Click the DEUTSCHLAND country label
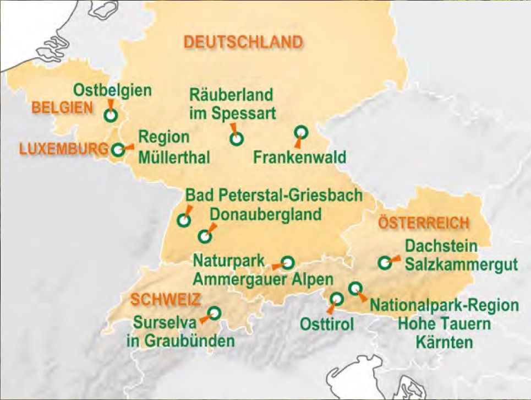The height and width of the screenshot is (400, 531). click(243, 42)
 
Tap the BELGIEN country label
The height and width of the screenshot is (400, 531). click(62, 108)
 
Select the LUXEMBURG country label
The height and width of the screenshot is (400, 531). click(63, 149)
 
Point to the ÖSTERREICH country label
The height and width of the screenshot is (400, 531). click(424, 223)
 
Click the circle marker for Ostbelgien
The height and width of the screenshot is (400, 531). click(111, 115)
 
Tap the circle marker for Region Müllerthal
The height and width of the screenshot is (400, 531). click(118, 149)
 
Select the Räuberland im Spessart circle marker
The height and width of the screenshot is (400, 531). click(237, 139)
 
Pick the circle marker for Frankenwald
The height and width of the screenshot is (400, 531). click(300, 132)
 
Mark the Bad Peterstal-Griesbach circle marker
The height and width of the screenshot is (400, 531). click(184, 220)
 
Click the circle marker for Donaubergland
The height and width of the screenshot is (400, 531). click(205, 236)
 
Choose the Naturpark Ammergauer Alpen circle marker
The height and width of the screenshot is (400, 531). click(288, 262)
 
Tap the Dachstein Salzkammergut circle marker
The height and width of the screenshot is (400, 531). click(385, 263)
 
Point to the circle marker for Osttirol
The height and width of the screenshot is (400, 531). click(336, 299)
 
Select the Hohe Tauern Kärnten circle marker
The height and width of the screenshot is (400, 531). click(355, 288)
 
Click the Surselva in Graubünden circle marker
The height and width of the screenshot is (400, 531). click(215, 313)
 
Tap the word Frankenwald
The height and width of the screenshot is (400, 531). click(300, 158)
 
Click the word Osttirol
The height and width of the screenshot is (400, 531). click(327, 324)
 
